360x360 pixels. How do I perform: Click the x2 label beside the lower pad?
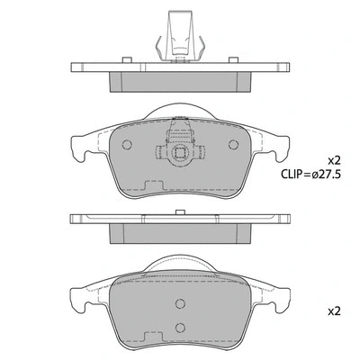point(332,312)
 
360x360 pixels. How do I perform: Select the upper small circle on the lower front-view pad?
point(178,304)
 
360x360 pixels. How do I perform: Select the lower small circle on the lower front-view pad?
point(178,328)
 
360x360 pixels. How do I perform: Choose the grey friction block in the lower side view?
point(180,233)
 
